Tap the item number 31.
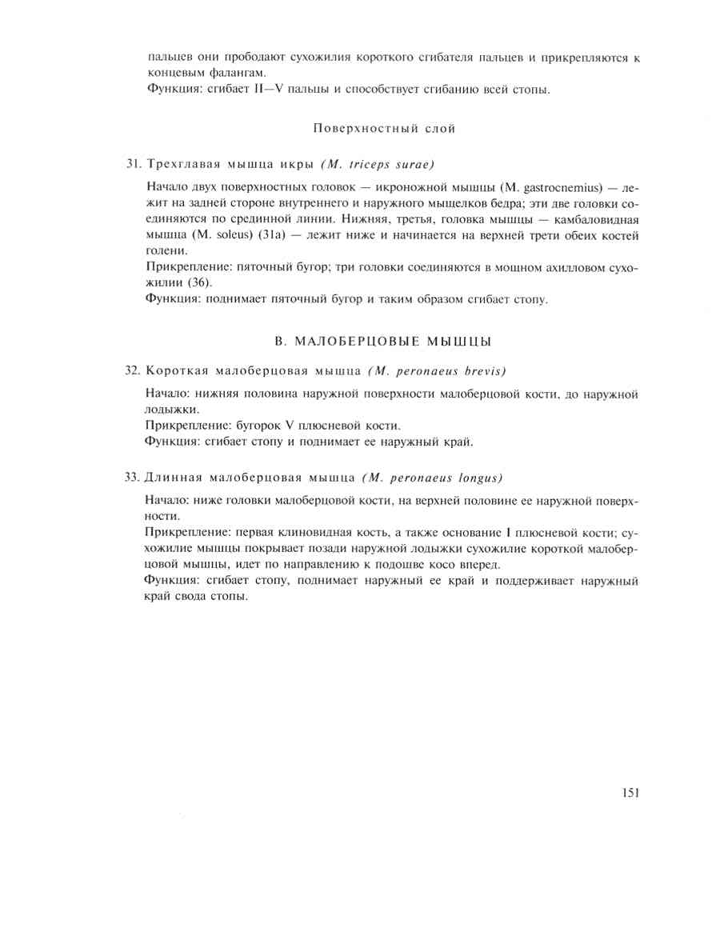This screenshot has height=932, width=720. click(133, 165)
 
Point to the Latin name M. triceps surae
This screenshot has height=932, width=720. click(378, 165)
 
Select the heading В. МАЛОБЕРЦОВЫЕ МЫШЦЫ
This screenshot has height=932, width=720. click(383, 342)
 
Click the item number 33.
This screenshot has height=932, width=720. click(133, 478)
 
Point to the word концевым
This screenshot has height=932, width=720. click(174, 73)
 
